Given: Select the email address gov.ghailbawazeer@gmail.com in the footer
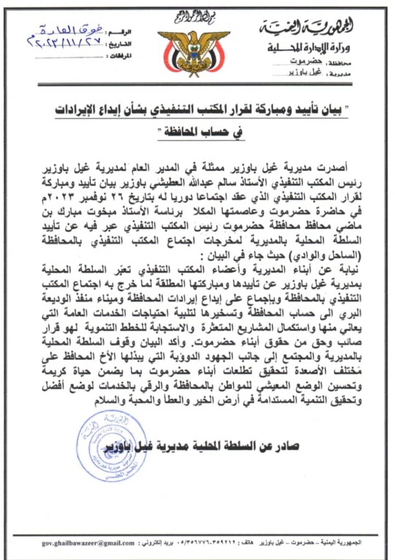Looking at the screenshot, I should pos(88,542).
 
